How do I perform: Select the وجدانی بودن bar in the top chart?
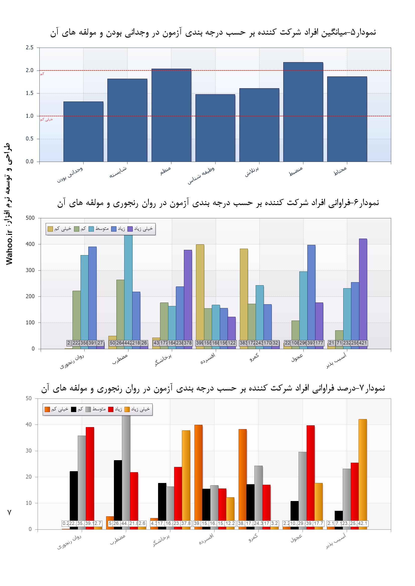83,131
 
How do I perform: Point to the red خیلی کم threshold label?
46,119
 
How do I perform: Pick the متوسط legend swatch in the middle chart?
92,229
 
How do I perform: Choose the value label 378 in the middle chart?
188,343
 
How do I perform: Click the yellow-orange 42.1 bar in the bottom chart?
363,467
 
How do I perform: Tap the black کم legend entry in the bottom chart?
77,409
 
